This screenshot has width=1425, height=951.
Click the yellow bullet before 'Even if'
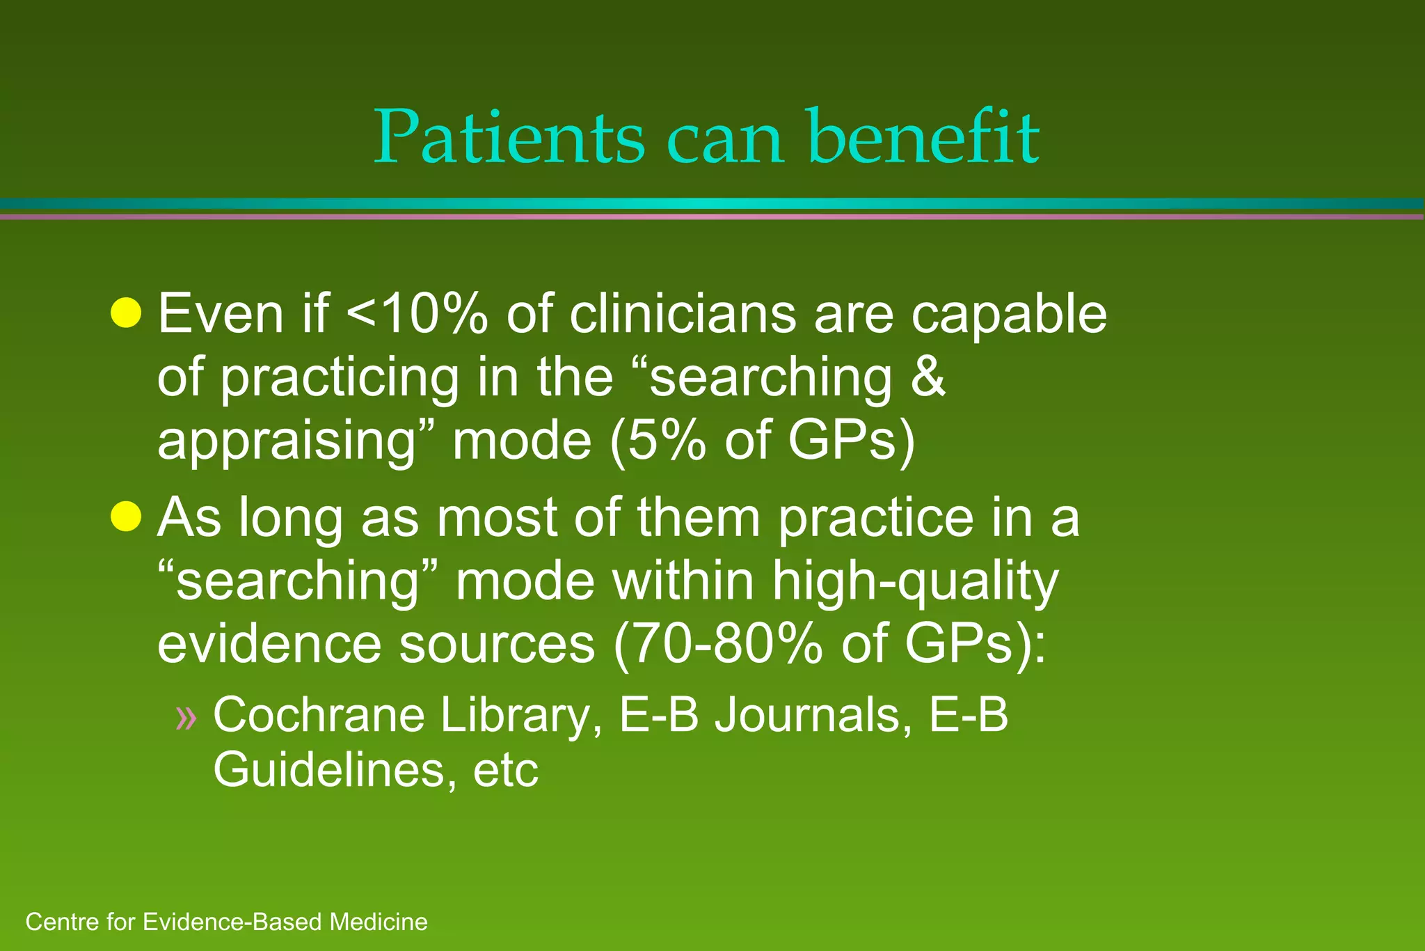(x=126, y=313)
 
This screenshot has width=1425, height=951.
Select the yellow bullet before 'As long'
(x=126, y=516)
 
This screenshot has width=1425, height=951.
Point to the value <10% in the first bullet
(x=417, y=314)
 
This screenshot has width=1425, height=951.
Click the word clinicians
(x=683, y=314)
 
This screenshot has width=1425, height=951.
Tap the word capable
(x=1009, y=315)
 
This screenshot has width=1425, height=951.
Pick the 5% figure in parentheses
(x=666, y=441)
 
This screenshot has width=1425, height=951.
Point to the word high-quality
(x=915, y=581)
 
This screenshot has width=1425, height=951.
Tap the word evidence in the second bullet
(x=269, y=644)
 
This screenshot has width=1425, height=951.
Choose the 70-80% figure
(x=727, y=644)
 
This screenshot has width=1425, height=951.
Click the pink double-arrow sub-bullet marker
(x=186, y=717)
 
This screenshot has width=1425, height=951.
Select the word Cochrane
(x=319, y=715)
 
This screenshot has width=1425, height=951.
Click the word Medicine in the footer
(x=379, y=922)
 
